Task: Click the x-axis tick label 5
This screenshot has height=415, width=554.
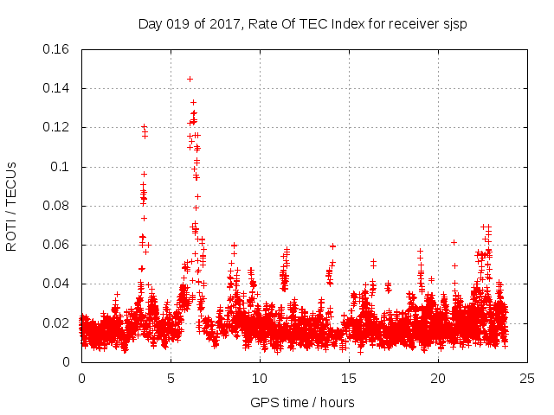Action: (171, 378)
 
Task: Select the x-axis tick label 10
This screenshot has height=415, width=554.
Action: (260, 378)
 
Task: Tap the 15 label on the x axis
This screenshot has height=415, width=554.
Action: (349, 378)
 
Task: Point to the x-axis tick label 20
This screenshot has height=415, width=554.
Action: (438, 378)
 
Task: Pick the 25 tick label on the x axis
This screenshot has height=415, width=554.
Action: (527, 378)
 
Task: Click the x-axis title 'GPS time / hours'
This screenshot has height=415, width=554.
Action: (303, 402)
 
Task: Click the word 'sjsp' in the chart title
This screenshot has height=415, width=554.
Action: (454, 23)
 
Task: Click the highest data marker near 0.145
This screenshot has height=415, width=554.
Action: (190, 79)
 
